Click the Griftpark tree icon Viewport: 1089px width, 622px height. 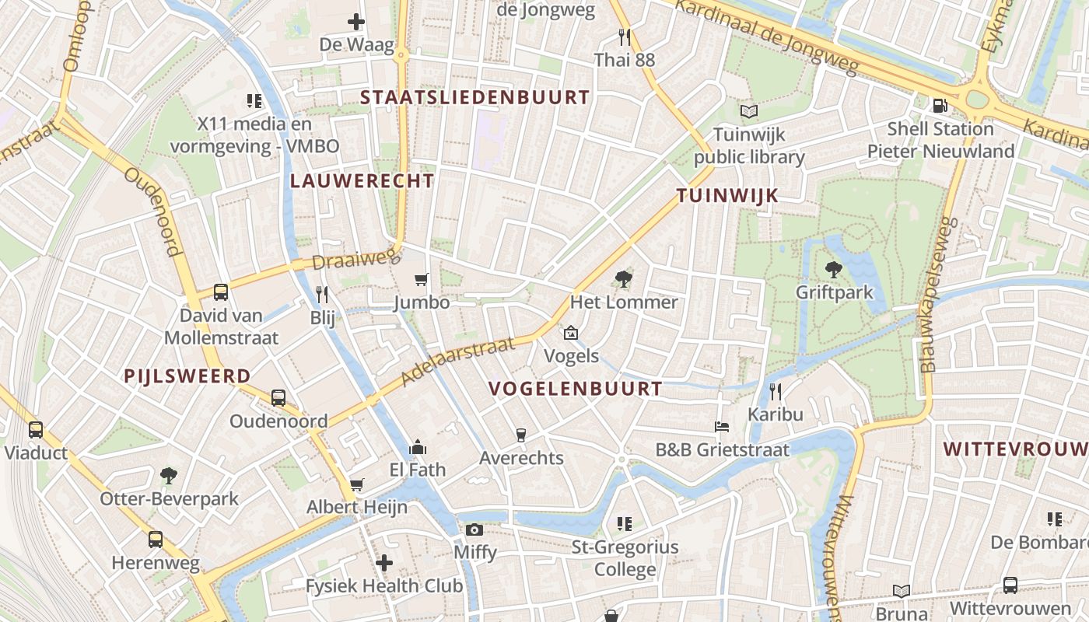click(834, 270)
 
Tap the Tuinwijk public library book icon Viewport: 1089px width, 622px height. click(749, 112)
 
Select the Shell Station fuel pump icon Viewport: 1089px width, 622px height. click(940, 105)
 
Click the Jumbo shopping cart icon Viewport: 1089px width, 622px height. click(422, 279)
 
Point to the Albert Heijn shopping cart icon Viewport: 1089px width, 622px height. click(357, 485)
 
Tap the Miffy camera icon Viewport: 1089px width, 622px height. click(474, 530)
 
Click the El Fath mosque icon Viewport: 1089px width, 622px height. click(418, 447)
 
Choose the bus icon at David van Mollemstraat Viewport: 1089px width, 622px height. click(221, 292)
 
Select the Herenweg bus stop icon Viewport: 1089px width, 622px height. click(156, 540)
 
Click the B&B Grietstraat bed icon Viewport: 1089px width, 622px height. click(722, 427)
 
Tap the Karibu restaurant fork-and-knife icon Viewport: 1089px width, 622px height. click(775, 391)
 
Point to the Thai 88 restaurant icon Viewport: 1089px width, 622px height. click(624, 37)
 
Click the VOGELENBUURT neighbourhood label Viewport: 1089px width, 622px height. click(576, 389)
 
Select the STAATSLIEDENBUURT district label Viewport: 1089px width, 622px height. click(475, 97)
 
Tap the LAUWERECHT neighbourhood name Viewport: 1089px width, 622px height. click(362, 181)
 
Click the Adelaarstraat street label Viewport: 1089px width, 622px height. click(459, 361)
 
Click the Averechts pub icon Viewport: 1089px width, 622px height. click(521, 435)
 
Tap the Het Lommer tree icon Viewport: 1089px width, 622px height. click(623, 278)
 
